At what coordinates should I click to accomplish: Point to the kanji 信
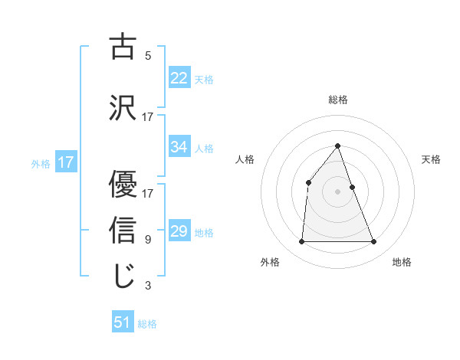pyautogui.click(x=123, y=229)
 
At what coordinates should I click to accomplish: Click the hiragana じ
pyautogui.click(x=123, y=276)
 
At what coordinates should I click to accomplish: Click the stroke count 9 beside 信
pyautogui.click(x=147, y=240)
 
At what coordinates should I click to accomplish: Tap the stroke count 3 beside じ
pyautogui.click(x=147, y=286)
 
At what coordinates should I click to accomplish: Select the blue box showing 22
pyautogui.click(x=179, y=77)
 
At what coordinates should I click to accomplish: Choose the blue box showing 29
pyautogui.click(x=179, y=231)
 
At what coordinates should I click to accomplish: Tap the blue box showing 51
pyautogui.click(x=123, y=322)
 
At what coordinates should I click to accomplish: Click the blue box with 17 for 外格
pyautogui.click(x=65, y=162)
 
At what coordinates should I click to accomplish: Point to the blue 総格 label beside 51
pyautogui.click(x=147, y=324)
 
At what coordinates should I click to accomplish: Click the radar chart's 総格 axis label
pyautogui.click(x=338, y=100)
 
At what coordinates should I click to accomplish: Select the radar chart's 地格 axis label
pyautogui.click(x=402, y=263)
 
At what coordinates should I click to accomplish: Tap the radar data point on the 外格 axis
pyautogui.click(x=301, y=242)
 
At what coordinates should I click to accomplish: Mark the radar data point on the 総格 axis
pyautogui.click(x=338, y=146)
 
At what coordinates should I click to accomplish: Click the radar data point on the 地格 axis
pyautogui.click(x=374, y=242)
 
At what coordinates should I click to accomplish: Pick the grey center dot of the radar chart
pyautogui.click(x=338, y=191)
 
